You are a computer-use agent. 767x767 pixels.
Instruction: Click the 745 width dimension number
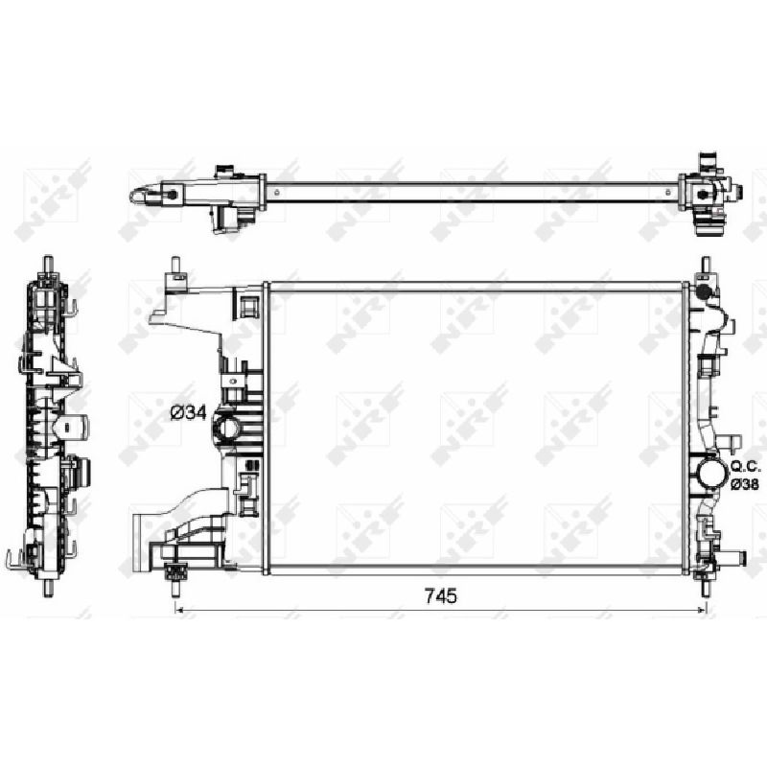tap(441, 595)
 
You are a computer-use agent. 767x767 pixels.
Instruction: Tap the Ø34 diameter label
tap(188, 413)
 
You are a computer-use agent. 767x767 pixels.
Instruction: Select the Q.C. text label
tap(746, 466)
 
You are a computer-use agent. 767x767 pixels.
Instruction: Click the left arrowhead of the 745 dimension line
tap(179, 610)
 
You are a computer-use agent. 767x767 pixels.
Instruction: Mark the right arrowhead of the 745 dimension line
tap(702, 610)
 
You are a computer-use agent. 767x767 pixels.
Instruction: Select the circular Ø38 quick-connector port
tap(712, 473)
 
